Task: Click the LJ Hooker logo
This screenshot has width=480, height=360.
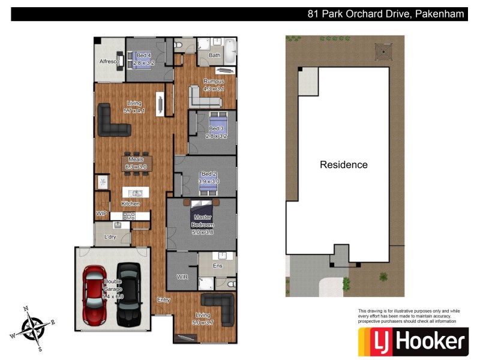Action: click(412, 342)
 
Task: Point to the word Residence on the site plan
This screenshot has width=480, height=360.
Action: click(343, 164)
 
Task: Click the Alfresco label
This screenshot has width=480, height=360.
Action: click(111, 62)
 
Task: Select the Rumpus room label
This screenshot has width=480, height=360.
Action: click(214, 82)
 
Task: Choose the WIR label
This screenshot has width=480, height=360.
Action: click(182, 277)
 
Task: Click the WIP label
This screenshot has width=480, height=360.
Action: click(101, 213)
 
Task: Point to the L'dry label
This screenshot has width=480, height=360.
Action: click(110, 237)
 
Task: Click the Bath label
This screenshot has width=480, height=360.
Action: click(214, 56)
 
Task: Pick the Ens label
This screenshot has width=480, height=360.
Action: click(217, 265)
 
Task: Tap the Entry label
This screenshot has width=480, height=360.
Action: click(163, 299)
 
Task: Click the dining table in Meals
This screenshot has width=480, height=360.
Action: click(137, 163)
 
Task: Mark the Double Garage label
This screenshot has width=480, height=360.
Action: click(113, 289)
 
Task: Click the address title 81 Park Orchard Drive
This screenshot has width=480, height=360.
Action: click(384, 14)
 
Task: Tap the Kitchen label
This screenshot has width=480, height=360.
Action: click(131, 204)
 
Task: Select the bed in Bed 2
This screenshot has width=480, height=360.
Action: click(209, 186)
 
